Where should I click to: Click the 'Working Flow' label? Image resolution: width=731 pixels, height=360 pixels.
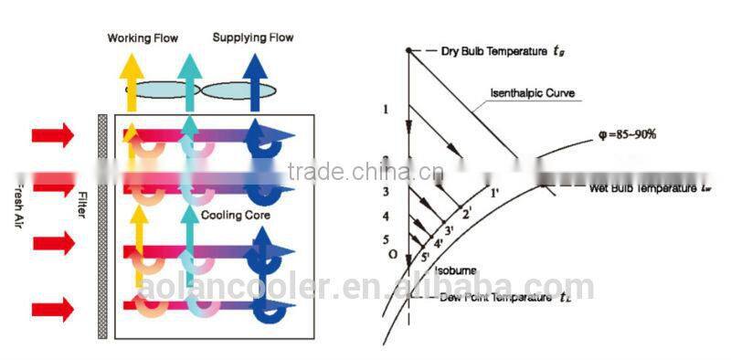(x=143, y=38)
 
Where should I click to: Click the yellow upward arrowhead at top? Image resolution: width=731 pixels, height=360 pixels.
(x=132, y=66)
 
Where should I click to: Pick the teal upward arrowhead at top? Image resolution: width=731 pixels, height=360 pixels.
(x=189, y=66)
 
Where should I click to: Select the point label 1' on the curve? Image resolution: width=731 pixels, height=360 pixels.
(x=494, y=193)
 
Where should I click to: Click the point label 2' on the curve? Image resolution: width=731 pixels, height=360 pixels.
(x=468, y=214)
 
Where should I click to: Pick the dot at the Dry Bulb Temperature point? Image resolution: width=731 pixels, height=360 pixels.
(x=408, y=50)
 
